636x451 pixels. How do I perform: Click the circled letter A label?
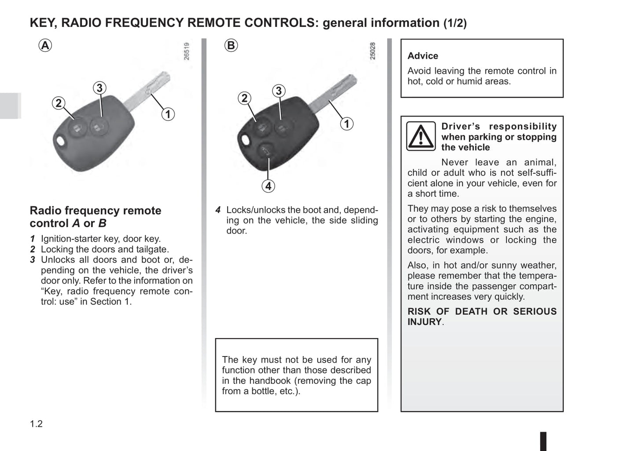[45, 45]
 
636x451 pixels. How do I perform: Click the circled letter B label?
[231, 45]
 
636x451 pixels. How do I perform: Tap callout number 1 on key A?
[168, 114]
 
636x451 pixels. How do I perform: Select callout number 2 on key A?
[59, 103]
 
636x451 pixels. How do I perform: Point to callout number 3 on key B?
[278, 91]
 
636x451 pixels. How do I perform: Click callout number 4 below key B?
[268, 186]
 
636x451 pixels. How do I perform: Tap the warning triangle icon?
[421, 136]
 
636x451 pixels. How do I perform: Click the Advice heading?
[423, 56]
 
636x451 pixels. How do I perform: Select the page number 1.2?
[36, 424]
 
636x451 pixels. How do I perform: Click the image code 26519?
[187, 51]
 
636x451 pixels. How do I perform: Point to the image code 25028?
[373, 51]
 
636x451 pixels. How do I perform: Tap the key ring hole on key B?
[245, 141]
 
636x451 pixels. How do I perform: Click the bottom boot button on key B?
[265, 152]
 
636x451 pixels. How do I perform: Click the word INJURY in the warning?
[424, 322]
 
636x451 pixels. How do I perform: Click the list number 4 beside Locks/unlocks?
[218, 210]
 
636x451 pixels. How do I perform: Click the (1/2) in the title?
[455, 23]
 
